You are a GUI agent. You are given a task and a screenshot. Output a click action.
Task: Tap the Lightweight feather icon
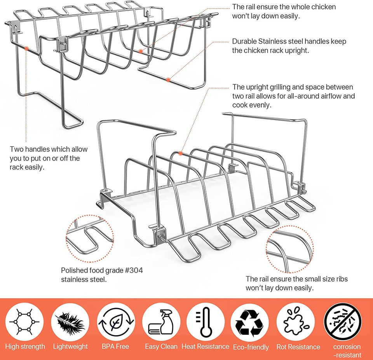pyautogui.click(x=70, y=322)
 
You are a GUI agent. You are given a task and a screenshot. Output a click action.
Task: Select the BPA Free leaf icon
pyautogui.click(x=116, y=322)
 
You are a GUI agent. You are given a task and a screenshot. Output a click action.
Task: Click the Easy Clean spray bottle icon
pyautogui.click(x=161, y=322)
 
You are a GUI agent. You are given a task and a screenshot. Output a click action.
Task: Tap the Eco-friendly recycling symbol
pyautogui.click(x=250, y=323)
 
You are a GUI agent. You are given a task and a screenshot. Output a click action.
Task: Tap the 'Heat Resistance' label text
pyautogui.click(x=205, y=346)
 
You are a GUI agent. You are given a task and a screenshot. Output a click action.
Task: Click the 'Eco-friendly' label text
pyautogui.click(x=251, y=347)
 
